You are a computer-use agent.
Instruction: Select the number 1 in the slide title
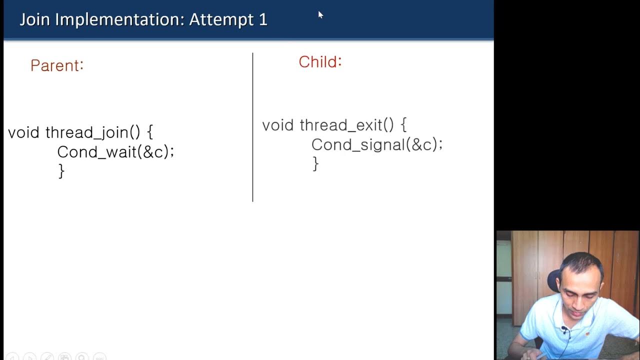[x=263, y=20]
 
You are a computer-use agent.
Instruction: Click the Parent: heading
[x=57, y=65]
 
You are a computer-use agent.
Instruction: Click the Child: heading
[x=320, y=62]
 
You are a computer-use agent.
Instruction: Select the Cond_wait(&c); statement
[x=115, y=152]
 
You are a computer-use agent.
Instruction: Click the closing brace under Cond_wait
[x=61, y=171]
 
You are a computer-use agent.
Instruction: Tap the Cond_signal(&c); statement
[x=377, y=145]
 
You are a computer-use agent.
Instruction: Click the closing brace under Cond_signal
[x=315, y=163]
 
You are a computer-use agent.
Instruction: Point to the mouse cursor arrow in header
[x=320, y=14]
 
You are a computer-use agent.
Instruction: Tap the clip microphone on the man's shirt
[x=564, y=330]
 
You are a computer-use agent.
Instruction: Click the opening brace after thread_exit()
[x=403, y=125]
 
